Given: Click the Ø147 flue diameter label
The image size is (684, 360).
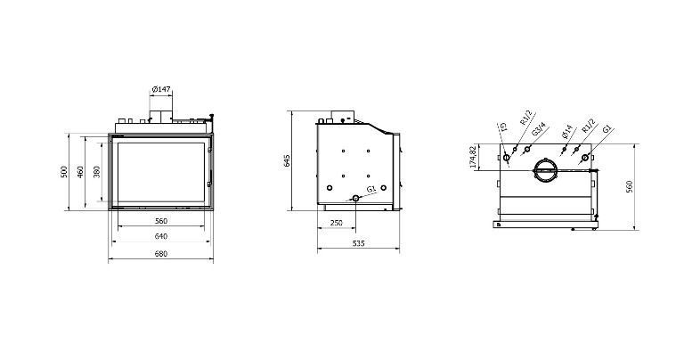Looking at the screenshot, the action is [161, 89].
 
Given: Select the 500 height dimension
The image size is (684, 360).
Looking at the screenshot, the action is [64, 171].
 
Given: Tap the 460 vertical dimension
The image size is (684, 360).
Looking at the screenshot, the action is [80, 171].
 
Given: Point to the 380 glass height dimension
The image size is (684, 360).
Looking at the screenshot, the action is [97, 171].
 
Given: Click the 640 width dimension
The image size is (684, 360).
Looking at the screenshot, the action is [161, 236].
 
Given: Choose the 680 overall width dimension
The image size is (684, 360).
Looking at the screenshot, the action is [161, 254].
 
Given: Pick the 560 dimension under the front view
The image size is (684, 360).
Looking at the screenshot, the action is [161, 221].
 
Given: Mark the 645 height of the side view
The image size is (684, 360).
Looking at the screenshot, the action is [287, 160].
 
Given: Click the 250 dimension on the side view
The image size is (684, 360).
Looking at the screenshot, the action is [337, 223].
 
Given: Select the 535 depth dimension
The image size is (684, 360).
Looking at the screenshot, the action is [358, 243].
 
